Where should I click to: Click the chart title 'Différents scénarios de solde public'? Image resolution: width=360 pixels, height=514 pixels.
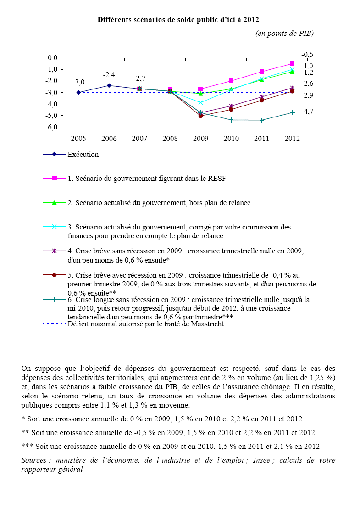coord(178,20)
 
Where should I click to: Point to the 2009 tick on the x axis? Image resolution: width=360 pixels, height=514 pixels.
coord(200,139)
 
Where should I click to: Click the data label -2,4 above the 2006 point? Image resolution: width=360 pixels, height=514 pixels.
coord(109,75)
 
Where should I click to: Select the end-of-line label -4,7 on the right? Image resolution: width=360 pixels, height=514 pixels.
coord(307,112)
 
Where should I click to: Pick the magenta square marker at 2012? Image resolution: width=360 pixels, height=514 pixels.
coord(292,64)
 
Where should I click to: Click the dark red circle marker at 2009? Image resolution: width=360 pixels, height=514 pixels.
coord(200,116)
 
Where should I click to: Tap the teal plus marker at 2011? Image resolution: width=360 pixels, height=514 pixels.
coord(262,120)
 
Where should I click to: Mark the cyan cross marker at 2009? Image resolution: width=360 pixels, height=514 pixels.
coord(200,102)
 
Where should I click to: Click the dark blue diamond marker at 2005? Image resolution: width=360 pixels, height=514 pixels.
coord(78,92)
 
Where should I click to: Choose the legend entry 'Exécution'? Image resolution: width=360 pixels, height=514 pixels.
coord(83,155)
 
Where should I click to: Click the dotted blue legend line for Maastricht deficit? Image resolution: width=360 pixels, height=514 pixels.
coord(54,324)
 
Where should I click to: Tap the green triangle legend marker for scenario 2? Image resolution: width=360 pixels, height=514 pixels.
coord(54,202)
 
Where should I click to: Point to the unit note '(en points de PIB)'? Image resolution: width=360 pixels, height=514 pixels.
coord(284,34)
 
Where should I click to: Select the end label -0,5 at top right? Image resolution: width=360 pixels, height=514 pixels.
coord(307,55)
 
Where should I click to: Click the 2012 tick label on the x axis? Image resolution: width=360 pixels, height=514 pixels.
coord(292,139)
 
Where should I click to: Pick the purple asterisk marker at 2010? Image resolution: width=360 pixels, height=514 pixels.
coord(231,106)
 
